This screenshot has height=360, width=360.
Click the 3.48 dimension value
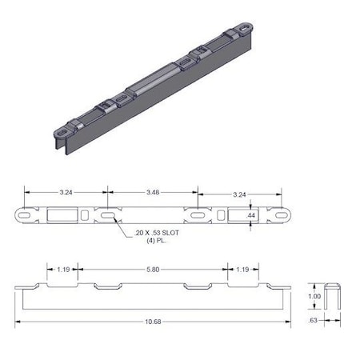tap(151, 192)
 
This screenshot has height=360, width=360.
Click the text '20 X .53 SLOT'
tap(159, 233)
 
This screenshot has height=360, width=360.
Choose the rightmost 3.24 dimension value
tap(239, 192)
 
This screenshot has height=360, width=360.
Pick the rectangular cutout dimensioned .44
tap(238, 216)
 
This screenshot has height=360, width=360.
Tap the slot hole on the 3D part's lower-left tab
tap(65, 128)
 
